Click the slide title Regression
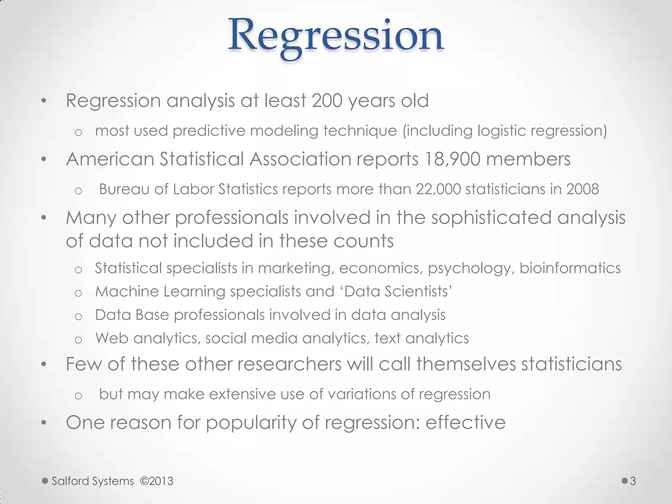click(x=336, y=36)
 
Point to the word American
click(x=110, y=159)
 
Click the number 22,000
click(x=438, y=189)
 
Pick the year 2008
click(x=582, y=189)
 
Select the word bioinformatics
click(x=570, y=268)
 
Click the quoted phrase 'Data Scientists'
click(x=398, y=291)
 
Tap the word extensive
click(x=242, y=394)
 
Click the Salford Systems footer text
click(x=93, y=481)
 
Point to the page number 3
click(x=633, y=481)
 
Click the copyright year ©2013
click(x=157, y=481)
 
